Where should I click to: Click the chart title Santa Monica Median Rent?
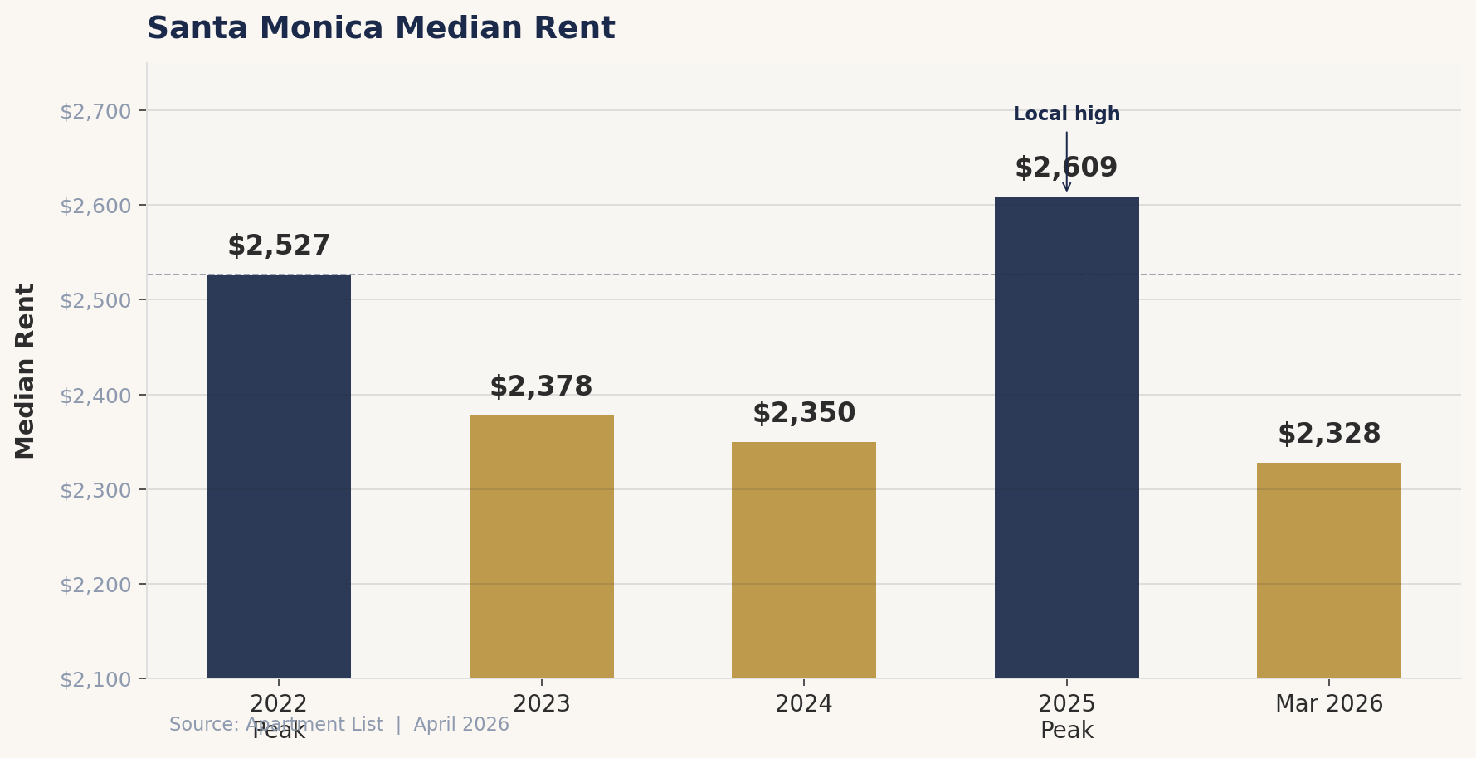click(x=381, y=29)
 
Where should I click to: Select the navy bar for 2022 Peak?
click(x=279, y=476)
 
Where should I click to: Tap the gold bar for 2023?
click(x=541, y=547)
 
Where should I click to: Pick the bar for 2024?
click(x=803, y=560)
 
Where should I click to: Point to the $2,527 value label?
click(x=279, y=246)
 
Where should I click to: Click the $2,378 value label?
click(x=541, y=387)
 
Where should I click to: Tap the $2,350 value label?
click(x=803, y=414)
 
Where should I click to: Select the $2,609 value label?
click(x=1066, y=168)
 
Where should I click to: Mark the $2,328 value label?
click(x=1328, y=435)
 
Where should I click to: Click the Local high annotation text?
click(x=1066, y=114)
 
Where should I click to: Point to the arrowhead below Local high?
click(x=1066, y=187)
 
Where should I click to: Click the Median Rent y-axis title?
click(x=26, y=371)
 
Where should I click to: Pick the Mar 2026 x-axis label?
click(x=1328, y=704)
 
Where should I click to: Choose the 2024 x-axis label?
click(x=803, y=704)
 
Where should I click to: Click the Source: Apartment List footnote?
click(x=339, y=725)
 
